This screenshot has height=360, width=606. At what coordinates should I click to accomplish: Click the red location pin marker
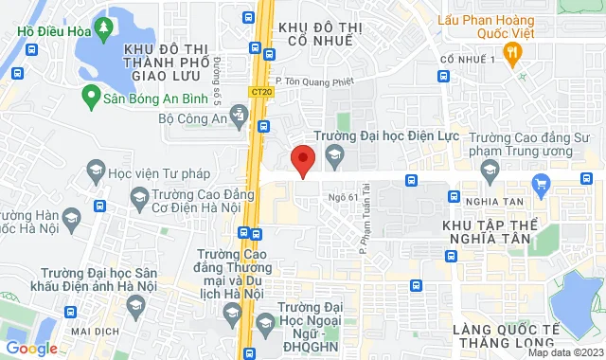302,161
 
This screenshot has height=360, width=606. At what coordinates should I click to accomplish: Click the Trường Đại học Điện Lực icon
331,154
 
